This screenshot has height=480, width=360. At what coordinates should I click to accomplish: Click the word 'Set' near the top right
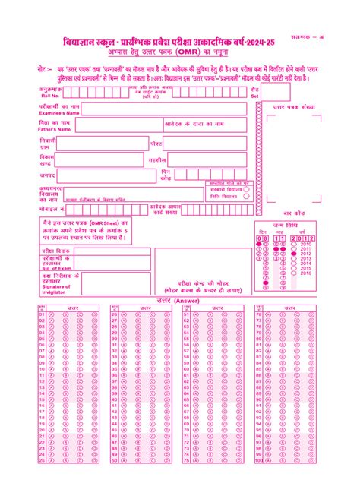(x=254, y=96)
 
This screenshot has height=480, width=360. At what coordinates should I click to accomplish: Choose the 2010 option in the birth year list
(x=307, y=245)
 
